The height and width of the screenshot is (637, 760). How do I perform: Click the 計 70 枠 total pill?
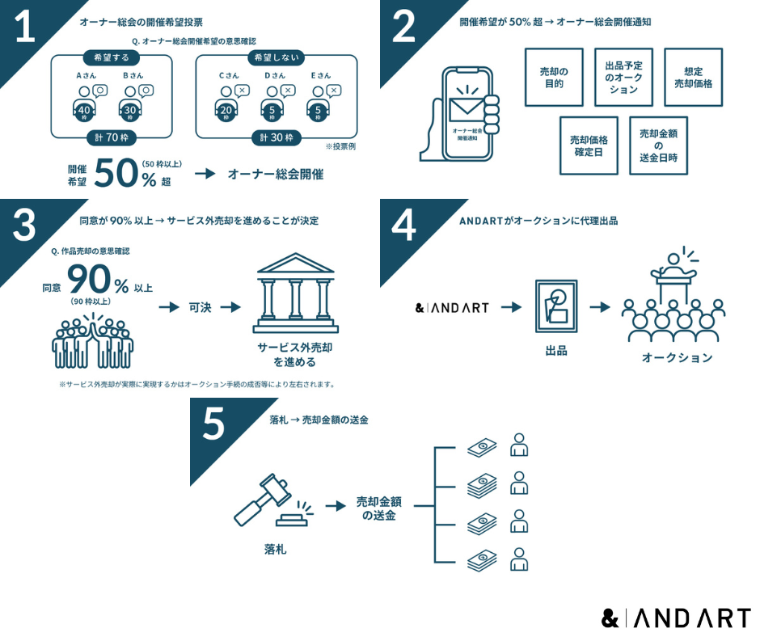pyautogui.click(x=112, y=137)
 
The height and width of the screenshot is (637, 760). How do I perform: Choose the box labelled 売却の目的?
pyautogui.click(x=554, y=77)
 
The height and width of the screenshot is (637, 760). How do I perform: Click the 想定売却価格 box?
pyautogui.click(x=692, y=77)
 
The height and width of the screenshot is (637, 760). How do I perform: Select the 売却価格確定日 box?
pyautogui.click(x=589, y=146)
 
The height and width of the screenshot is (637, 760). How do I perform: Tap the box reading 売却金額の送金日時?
pyautogui.click(x=658, y=146)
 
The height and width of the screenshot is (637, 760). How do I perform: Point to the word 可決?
pyautogui.click(x=199, y=307)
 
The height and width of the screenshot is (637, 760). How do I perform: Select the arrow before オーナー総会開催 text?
pyautogui.click(x=206, y=174)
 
